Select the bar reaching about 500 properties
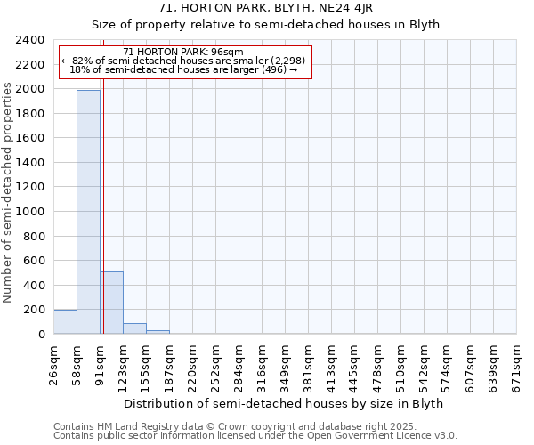111,303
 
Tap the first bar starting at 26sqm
65,322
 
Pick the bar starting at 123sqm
134,328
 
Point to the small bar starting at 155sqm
158,332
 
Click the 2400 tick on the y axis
31,41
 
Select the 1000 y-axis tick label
31,212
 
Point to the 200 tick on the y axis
35,310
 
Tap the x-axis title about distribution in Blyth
283,403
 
